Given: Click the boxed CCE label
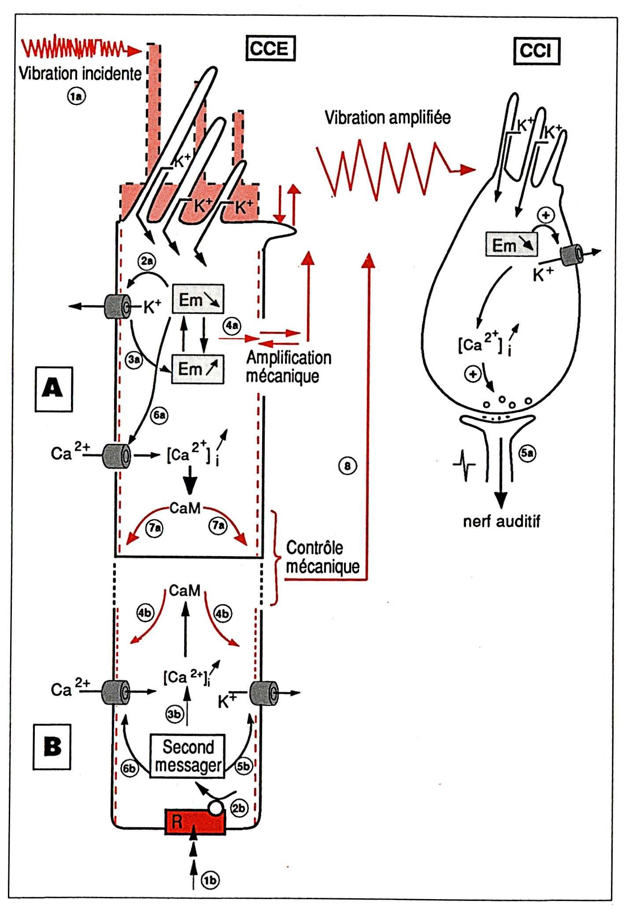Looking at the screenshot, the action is tap(270, 48).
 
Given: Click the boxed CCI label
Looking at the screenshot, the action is tap(536, 51).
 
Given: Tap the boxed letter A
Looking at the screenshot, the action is tap(53, 389).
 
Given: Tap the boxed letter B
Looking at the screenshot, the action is tap(52, 747).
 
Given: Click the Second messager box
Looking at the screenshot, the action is tap(187, 756).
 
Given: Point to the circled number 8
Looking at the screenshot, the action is tap(347, 466).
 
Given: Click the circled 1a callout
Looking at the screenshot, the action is tap(76, 96).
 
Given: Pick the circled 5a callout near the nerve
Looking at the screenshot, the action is tap(527, 453).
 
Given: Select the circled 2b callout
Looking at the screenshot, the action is tap(239, 808).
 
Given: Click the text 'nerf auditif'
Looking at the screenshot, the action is tap(501, 521).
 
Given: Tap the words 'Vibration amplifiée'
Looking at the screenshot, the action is tap(388, 117).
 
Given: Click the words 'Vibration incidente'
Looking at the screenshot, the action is tap(80, 73).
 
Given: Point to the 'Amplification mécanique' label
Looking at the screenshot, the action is tap(289, 367).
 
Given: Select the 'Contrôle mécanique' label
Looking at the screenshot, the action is tap(322, 557).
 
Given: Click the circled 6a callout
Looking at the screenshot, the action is tap(159, 415).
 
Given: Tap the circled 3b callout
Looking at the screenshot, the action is tap(174, 714).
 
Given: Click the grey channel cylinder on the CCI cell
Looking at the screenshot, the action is tap(571, 255).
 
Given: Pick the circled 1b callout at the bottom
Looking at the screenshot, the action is tap(210, 880).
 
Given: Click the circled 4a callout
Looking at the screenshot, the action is tap(232, 326).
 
